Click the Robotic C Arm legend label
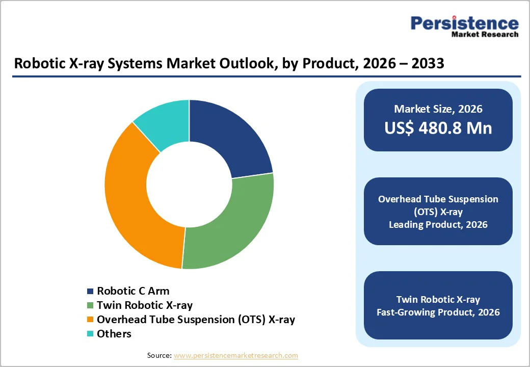tap(133, 291)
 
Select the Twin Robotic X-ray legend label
tap(145, 305)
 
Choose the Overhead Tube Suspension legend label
tap(196, 320)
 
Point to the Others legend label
tap(114, 334)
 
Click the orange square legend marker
tap(90, 320)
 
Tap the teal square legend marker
tap(90, 334)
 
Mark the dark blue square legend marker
tap(90, 291)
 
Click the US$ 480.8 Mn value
tap(438, 128)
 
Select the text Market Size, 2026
tap(438, 109)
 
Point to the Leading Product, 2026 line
tap(438, 225)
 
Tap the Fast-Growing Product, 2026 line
tap(438, 312)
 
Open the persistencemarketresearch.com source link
tap(235, 355)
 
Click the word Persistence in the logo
tap(464, 23)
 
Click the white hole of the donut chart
tap(189, 184)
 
